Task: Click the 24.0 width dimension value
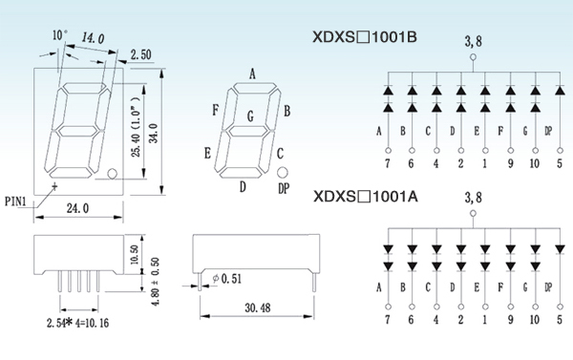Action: click(x=77, y=208)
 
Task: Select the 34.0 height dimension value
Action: click(x=154, y=133)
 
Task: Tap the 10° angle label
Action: click(x=60, y=35)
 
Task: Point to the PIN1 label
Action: click(x=15, y=201)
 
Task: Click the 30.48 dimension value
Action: click(x=258, y=307)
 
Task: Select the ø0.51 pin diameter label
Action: click(x=227, y=279)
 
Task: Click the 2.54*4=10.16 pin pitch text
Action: click(x=77, y=323)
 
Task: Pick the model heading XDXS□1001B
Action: click(x=365, y=37)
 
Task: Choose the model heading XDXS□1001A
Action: click(x=366, y=197)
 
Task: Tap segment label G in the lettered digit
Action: click(x=250, y=116)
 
